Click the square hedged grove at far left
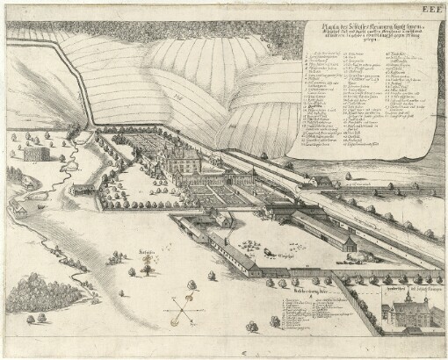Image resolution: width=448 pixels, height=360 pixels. pos(33,151)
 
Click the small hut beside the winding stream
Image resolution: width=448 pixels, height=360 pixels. pos(83,188)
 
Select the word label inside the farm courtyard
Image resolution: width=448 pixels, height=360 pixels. pos(279,256)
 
